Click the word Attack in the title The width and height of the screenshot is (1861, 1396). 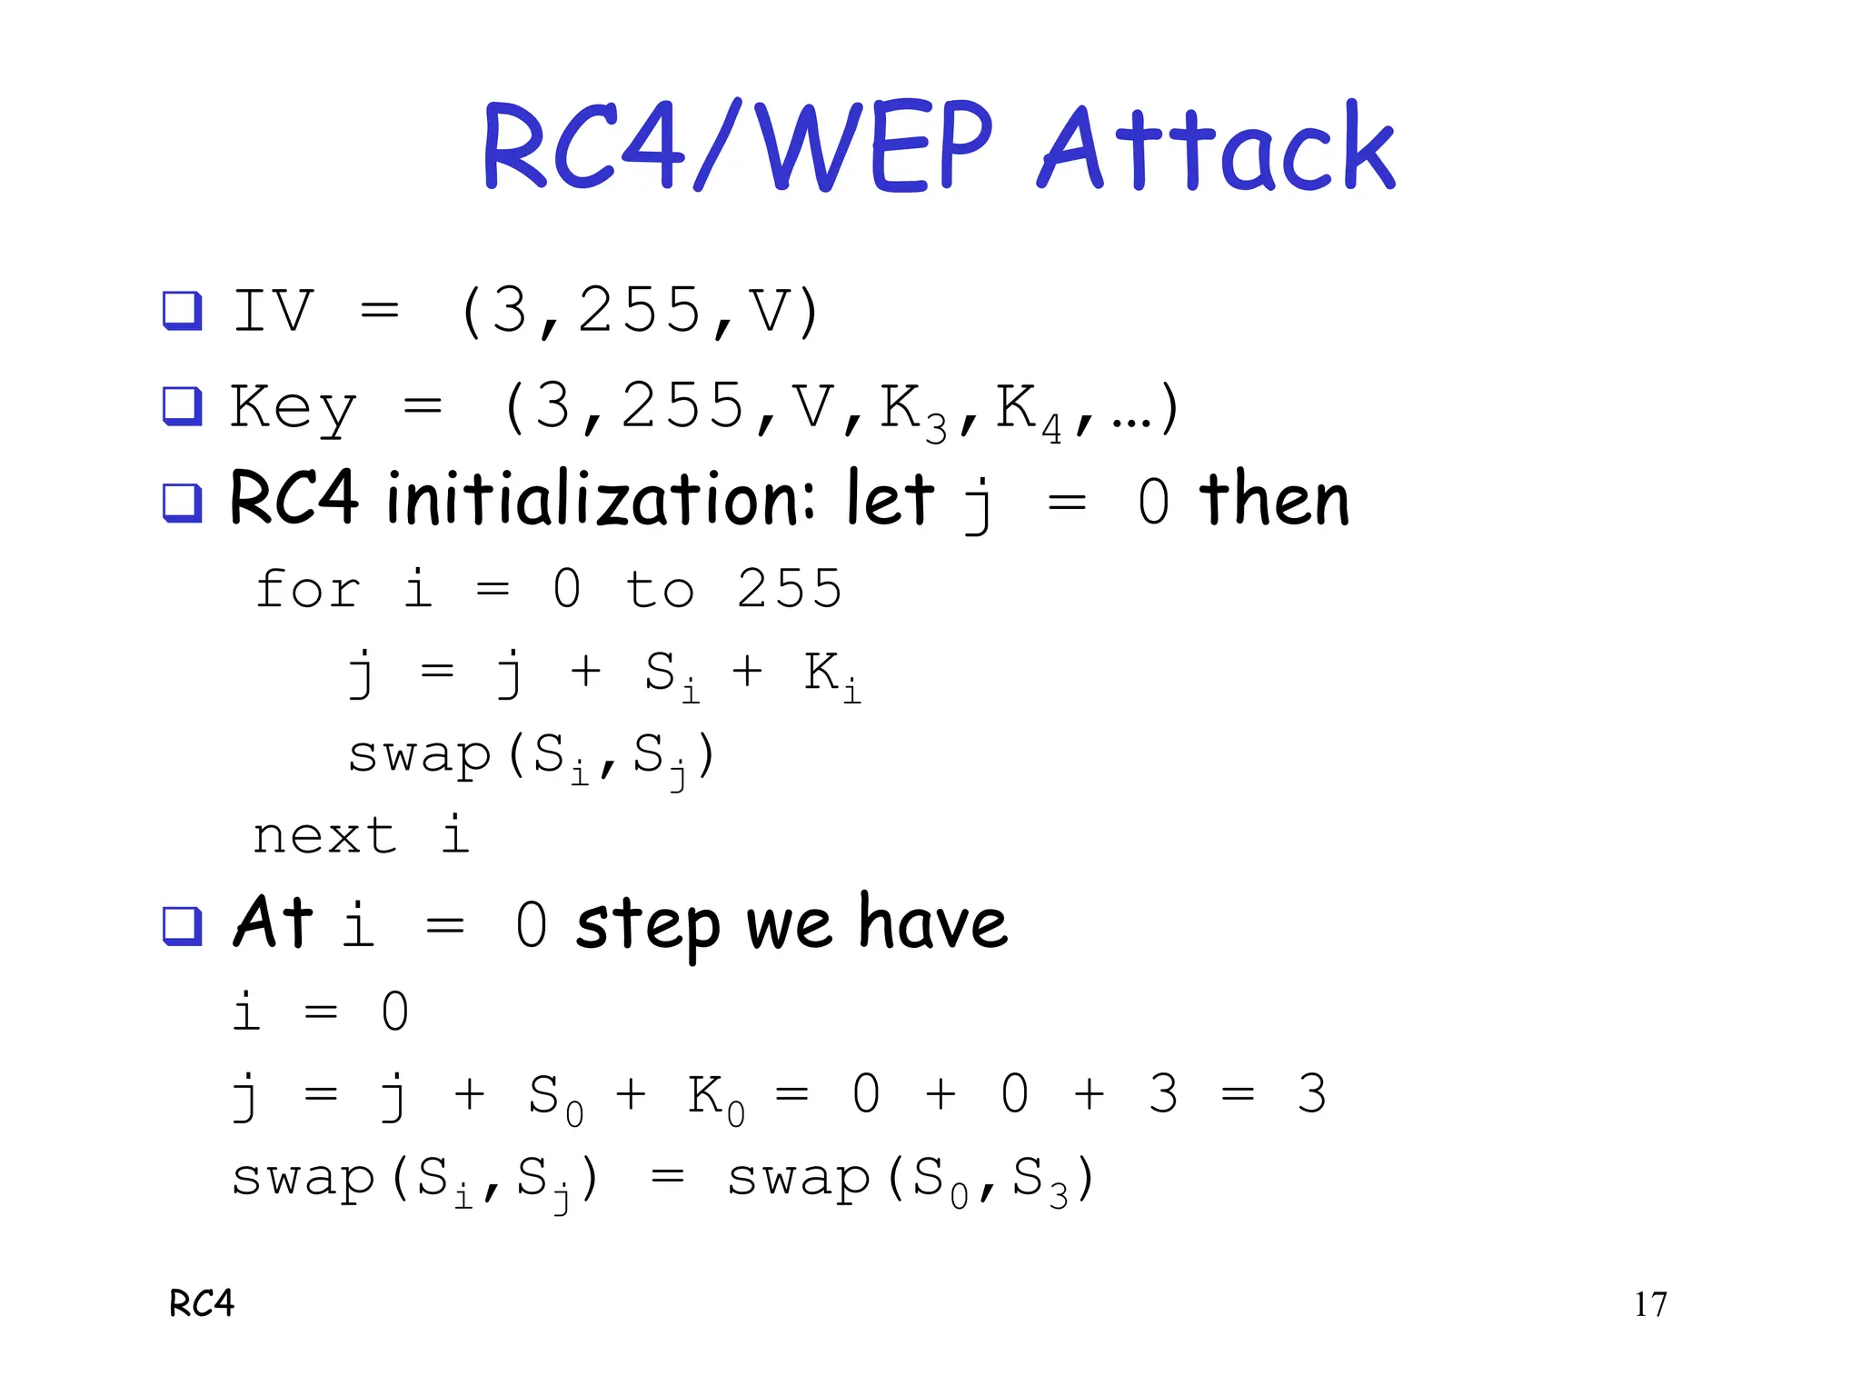(1216, 147)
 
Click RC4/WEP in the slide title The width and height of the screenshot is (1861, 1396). (738, 147)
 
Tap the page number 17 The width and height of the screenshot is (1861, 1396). (1650, 1304)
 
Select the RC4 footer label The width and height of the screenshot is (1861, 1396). (202, 1304)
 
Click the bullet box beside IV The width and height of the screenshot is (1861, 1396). (182, 311)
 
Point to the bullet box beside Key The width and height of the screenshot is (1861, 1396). (182, 405)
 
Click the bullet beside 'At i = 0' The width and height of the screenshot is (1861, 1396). (182, 926)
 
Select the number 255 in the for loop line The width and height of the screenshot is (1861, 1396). (790, 589)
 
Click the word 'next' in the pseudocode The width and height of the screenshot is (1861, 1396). (324, 835)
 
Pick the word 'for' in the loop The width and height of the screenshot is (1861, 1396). (308, 589)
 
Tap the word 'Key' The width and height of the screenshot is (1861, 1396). (293, 407)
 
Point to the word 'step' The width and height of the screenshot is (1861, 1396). (648, 926)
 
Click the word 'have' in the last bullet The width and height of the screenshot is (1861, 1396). (933, 922)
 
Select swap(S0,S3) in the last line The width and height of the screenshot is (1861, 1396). (911, 1179)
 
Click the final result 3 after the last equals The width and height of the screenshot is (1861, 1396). (1311, 1093)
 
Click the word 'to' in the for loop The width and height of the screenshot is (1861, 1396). (660, 589)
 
